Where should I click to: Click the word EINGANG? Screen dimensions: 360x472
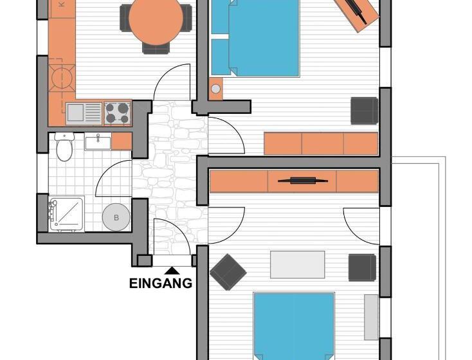coord(161,283)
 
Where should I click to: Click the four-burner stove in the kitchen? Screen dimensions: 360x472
coord(117,113)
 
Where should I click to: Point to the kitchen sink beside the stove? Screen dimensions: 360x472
coord(76,113)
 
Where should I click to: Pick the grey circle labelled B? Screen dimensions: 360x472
coord(116,217)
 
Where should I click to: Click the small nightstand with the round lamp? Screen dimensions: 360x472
coord(215,88)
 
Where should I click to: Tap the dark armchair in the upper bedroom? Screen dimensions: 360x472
coord(364,110)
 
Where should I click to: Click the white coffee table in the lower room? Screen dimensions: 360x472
coord(297,264)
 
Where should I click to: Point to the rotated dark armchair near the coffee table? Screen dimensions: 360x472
coord(228,271)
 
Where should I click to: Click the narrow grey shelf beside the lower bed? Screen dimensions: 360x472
coord(372,316)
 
